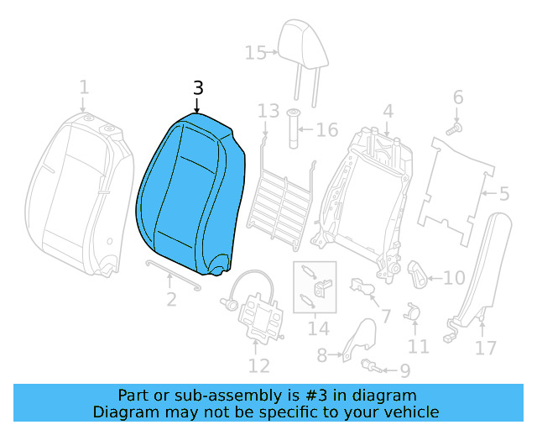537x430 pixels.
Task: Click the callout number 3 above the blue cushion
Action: point(198,88)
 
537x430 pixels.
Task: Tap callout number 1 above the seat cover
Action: point(84,87)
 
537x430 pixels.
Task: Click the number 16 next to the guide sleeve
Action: point(326,130)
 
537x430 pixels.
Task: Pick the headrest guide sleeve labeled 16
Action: point(295,128)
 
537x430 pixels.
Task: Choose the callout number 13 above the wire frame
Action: point(268,112)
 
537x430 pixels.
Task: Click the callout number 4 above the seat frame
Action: point(388,111)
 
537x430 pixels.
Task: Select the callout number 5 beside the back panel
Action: point(503,195)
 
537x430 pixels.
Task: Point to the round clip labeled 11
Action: point(413,312)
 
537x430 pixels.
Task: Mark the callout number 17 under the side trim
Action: point(485,347)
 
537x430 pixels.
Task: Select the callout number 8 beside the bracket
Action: point(321,356)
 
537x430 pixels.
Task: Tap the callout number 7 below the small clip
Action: point(385,317)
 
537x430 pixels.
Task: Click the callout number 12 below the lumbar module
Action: point(258,365)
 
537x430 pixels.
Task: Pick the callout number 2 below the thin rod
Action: point(170,298)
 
